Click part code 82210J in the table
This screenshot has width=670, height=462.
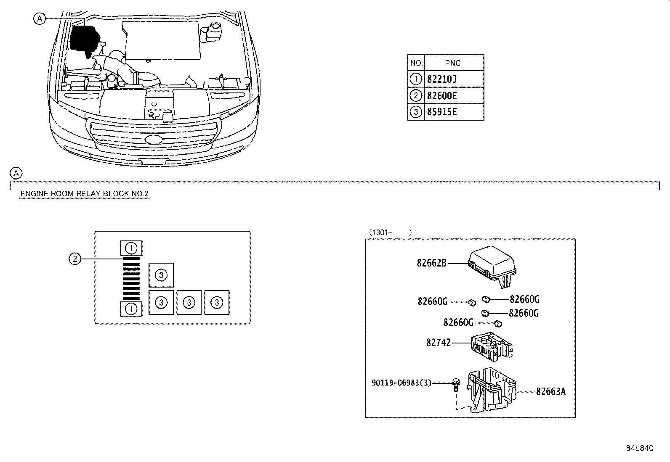[442, 79]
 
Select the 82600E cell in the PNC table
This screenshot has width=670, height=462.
[441, 96]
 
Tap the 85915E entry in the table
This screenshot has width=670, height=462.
[441, 112]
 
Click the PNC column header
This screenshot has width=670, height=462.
[453, 63]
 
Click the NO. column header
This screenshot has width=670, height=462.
[416, 63]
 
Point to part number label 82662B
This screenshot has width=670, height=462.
[431, 263]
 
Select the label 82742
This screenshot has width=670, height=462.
[438, 343]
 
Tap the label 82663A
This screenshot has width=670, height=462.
[550, 392]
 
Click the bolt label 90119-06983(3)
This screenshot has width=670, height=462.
[401, 383]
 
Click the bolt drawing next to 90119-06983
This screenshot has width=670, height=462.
[455, 384]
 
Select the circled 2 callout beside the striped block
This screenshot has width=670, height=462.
[74, 259]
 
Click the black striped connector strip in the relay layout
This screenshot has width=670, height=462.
[131, 278]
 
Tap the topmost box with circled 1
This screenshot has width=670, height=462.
[131, 248]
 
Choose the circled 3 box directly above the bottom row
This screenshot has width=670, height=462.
[161, 275]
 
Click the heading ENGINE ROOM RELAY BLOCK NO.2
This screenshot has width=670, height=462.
[84, 194]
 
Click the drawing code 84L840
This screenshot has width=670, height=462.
[640, 448]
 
